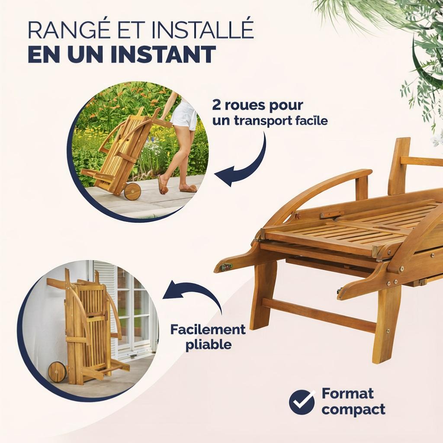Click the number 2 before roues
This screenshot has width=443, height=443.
click(216, 106)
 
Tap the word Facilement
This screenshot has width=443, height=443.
click(208, 329)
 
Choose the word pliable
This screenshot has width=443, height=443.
click(209, 345)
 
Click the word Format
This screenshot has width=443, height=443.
click(347, 394)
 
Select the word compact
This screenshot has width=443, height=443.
click(353, 410)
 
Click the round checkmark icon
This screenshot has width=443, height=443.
click(302, 402)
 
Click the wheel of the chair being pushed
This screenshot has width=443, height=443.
click(132, 192)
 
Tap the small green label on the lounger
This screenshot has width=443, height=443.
click(226, 267)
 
